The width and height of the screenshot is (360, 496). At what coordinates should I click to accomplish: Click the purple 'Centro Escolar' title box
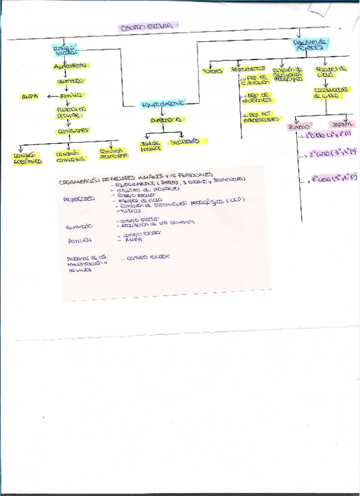tap(148, 26)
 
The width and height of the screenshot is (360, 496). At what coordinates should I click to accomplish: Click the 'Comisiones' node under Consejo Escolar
tap(73, 131)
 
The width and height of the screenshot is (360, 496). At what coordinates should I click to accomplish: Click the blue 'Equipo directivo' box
tap(162, 104)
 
